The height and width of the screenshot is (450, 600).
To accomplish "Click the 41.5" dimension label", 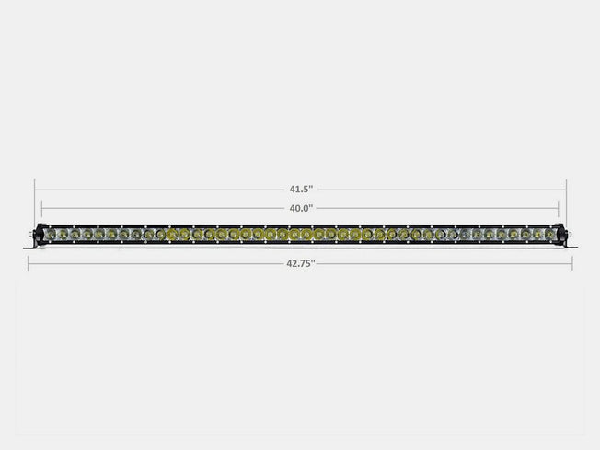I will [300, 189].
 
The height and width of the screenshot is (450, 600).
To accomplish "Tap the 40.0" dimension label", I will [300, 208].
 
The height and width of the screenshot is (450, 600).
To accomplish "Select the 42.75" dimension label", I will [300, 263].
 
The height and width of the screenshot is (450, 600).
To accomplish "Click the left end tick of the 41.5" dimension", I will [35, 190].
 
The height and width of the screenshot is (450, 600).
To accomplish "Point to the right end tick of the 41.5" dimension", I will [566, 190].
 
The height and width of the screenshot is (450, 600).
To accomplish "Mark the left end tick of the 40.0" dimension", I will [42, 208].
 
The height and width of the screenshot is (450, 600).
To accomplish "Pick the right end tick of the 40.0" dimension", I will [559, 208].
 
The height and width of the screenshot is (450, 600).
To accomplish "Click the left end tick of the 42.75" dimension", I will [28, 263].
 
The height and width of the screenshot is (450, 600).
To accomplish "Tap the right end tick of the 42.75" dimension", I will [572, 263].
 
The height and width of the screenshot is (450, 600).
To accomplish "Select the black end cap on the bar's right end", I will [561, 236].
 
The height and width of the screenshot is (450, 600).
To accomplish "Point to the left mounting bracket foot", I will [29, 244].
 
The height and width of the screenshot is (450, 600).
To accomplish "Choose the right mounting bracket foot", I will [571, 244].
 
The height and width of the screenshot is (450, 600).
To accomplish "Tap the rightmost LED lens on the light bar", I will [549, 236].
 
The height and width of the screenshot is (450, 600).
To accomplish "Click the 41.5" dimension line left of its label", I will [156, 190].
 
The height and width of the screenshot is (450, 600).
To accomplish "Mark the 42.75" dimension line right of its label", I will [442, 263].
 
